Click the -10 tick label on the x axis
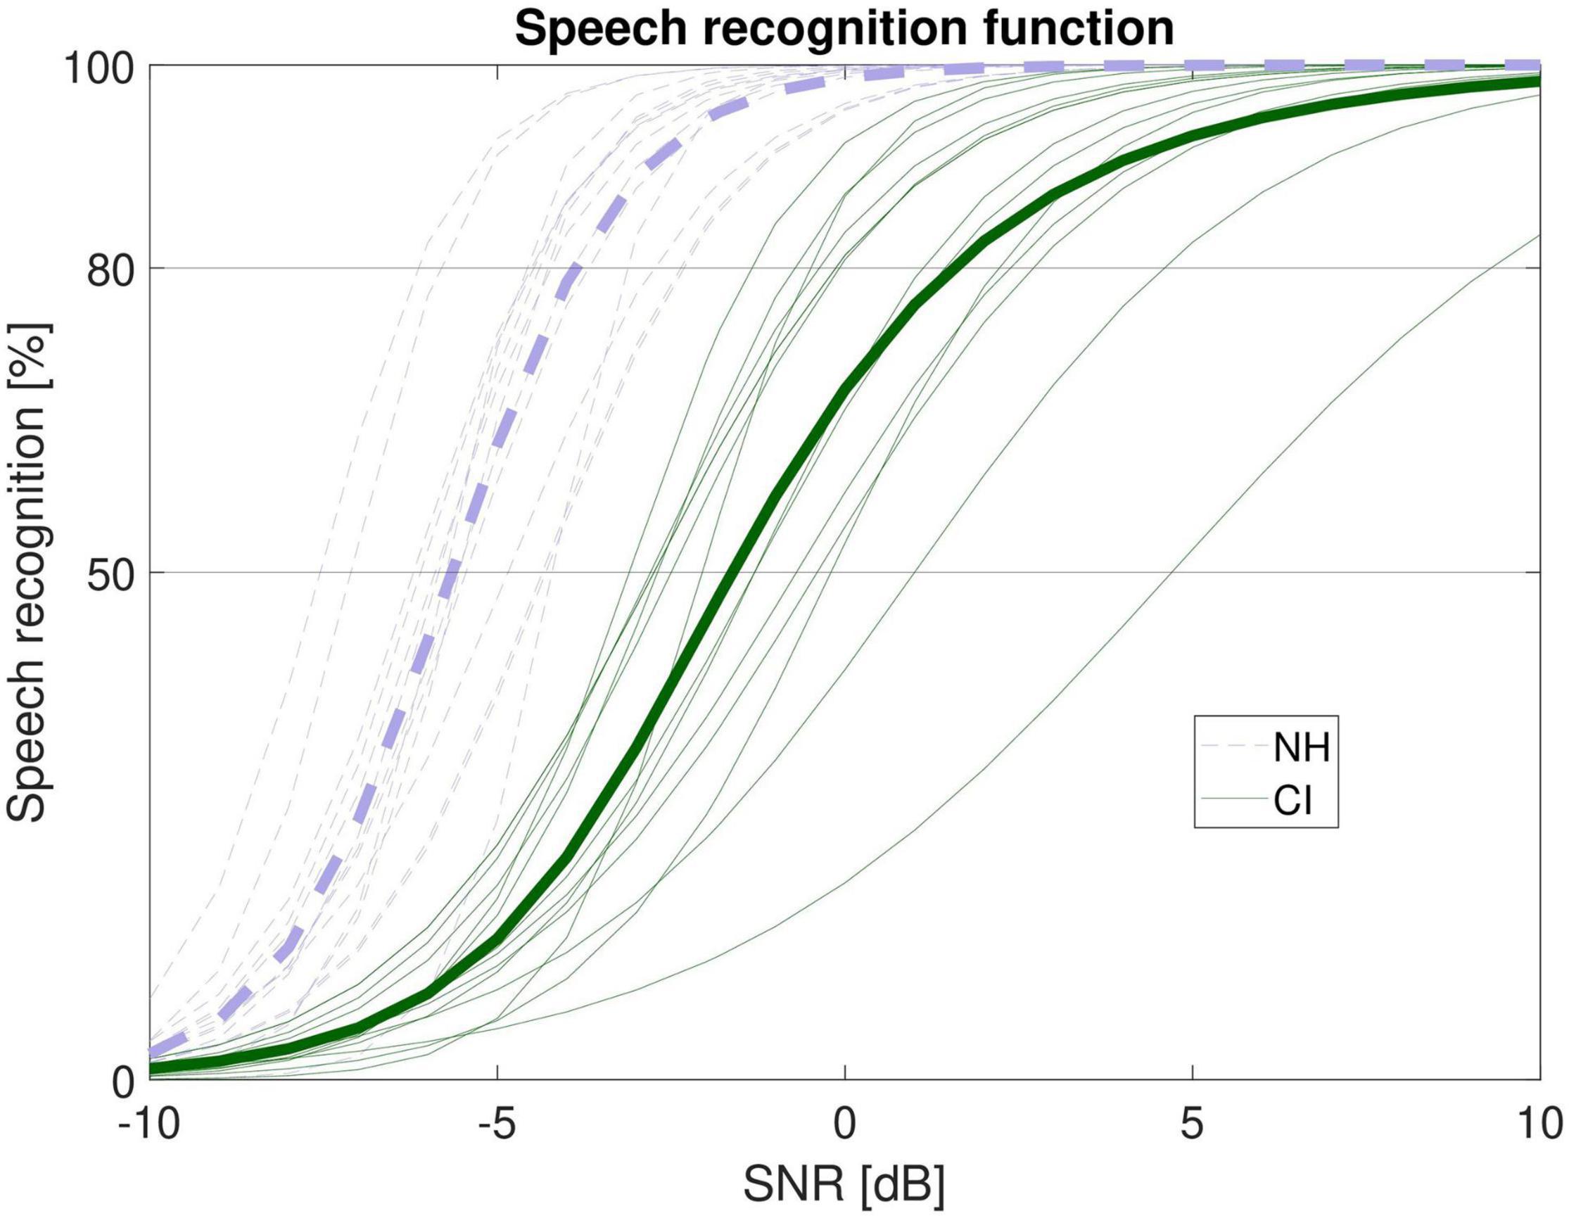point(149,1126)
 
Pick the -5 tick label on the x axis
point(497,1126)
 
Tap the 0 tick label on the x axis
point(846,1126)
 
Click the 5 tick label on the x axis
point(1193,1126)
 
